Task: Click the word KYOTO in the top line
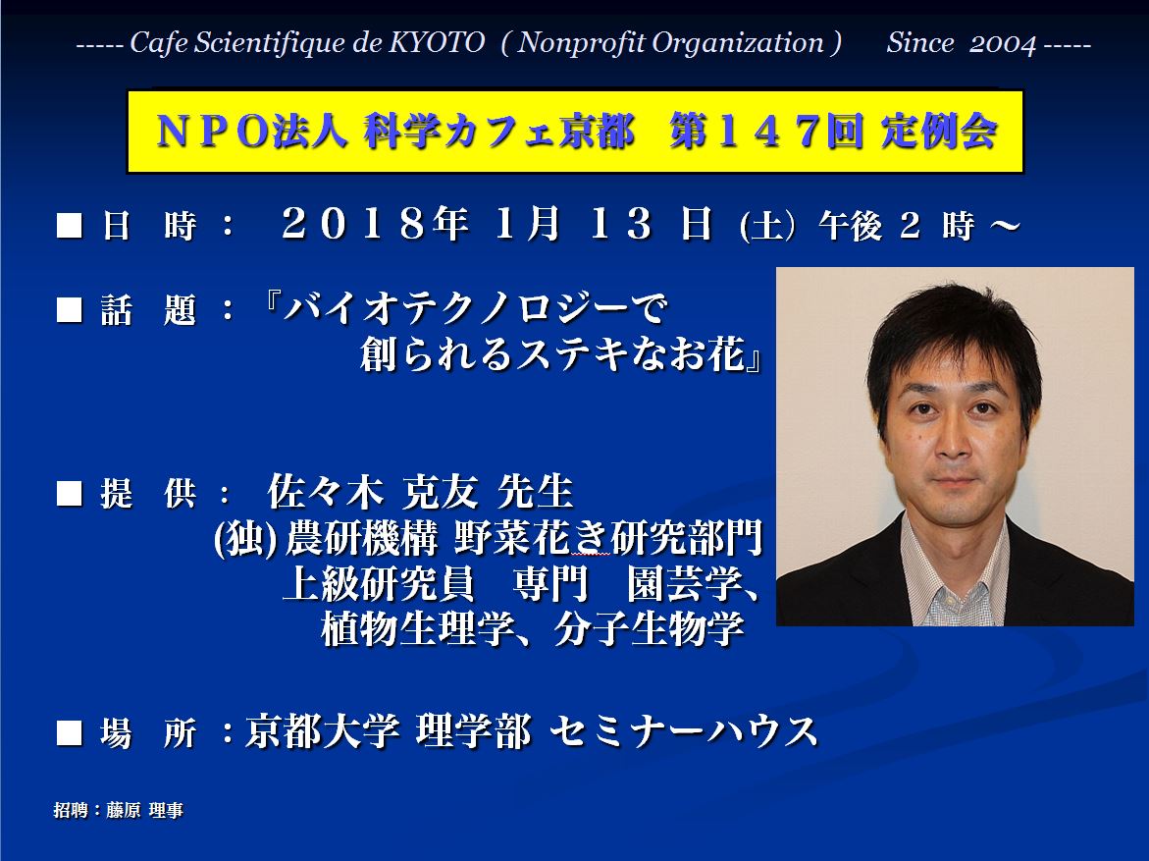pyautogui.click(x=436, y=43)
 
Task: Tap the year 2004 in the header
pyautogui.click(x=1003, y=44)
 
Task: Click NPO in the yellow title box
pyautogui.click(x=213, y=132)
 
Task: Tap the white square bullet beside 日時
pyautogui.click(x=69, y=225)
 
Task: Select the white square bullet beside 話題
pyautogui.click(x=69, y=309)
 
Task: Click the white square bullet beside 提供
pyautogui.click(x=69, y=493)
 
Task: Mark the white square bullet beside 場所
pyautogui.click(x=69, y=732)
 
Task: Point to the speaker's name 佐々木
pyautogui.click(x=326, y=491)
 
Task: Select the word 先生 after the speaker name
pyautogui.click(x=535, y=491)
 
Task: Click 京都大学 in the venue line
pyautogui.click(x=323, y=731)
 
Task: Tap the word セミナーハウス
pyautogui.click(x=684, y=731)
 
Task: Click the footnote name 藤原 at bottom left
pyautogui.click(x=123, y=810)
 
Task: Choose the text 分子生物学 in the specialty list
pyautogui.click(x=650, y=628)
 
